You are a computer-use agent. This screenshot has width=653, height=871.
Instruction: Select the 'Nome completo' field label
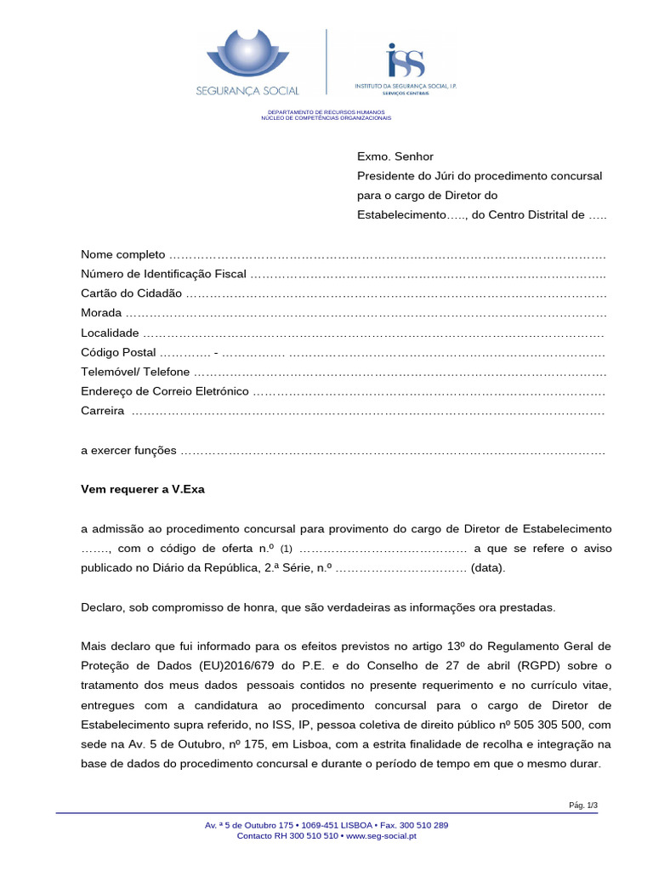[123, 255]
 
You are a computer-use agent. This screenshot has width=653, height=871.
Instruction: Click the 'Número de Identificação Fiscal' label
[163, 274]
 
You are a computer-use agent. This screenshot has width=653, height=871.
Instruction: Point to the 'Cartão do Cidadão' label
[131, 293]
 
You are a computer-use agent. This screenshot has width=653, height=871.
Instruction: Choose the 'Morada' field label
[101, 313]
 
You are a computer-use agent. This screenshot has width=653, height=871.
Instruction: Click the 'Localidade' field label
[110, 333]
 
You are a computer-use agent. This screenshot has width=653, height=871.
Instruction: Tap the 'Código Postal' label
[118, 352]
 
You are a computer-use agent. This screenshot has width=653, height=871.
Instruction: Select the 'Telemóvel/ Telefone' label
[135, 372]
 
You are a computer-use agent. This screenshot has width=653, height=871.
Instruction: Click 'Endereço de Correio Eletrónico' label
[165, 391]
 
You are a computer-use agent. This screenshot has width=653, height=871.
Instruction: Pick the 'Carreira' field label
[103, 411]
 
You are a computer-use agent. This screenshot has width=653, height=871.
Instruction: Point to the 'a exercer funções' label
[128, 450]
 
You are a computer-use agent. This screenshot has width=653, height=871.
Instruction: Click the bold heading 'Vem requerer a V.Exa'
[143, 489]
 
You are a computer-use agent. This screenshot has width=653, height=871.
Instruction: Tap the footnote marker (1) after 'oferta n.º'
[286, 549]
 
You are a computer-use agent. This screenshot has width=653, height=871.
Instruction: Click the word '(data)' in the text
[488, 568]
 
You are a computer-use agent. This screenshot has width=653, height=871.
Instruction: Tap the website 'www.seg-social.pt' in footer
[381, 836]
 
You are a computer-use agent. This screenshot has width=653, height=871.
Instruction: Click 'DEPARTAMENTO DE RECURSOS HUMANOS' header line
[326, 112]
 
